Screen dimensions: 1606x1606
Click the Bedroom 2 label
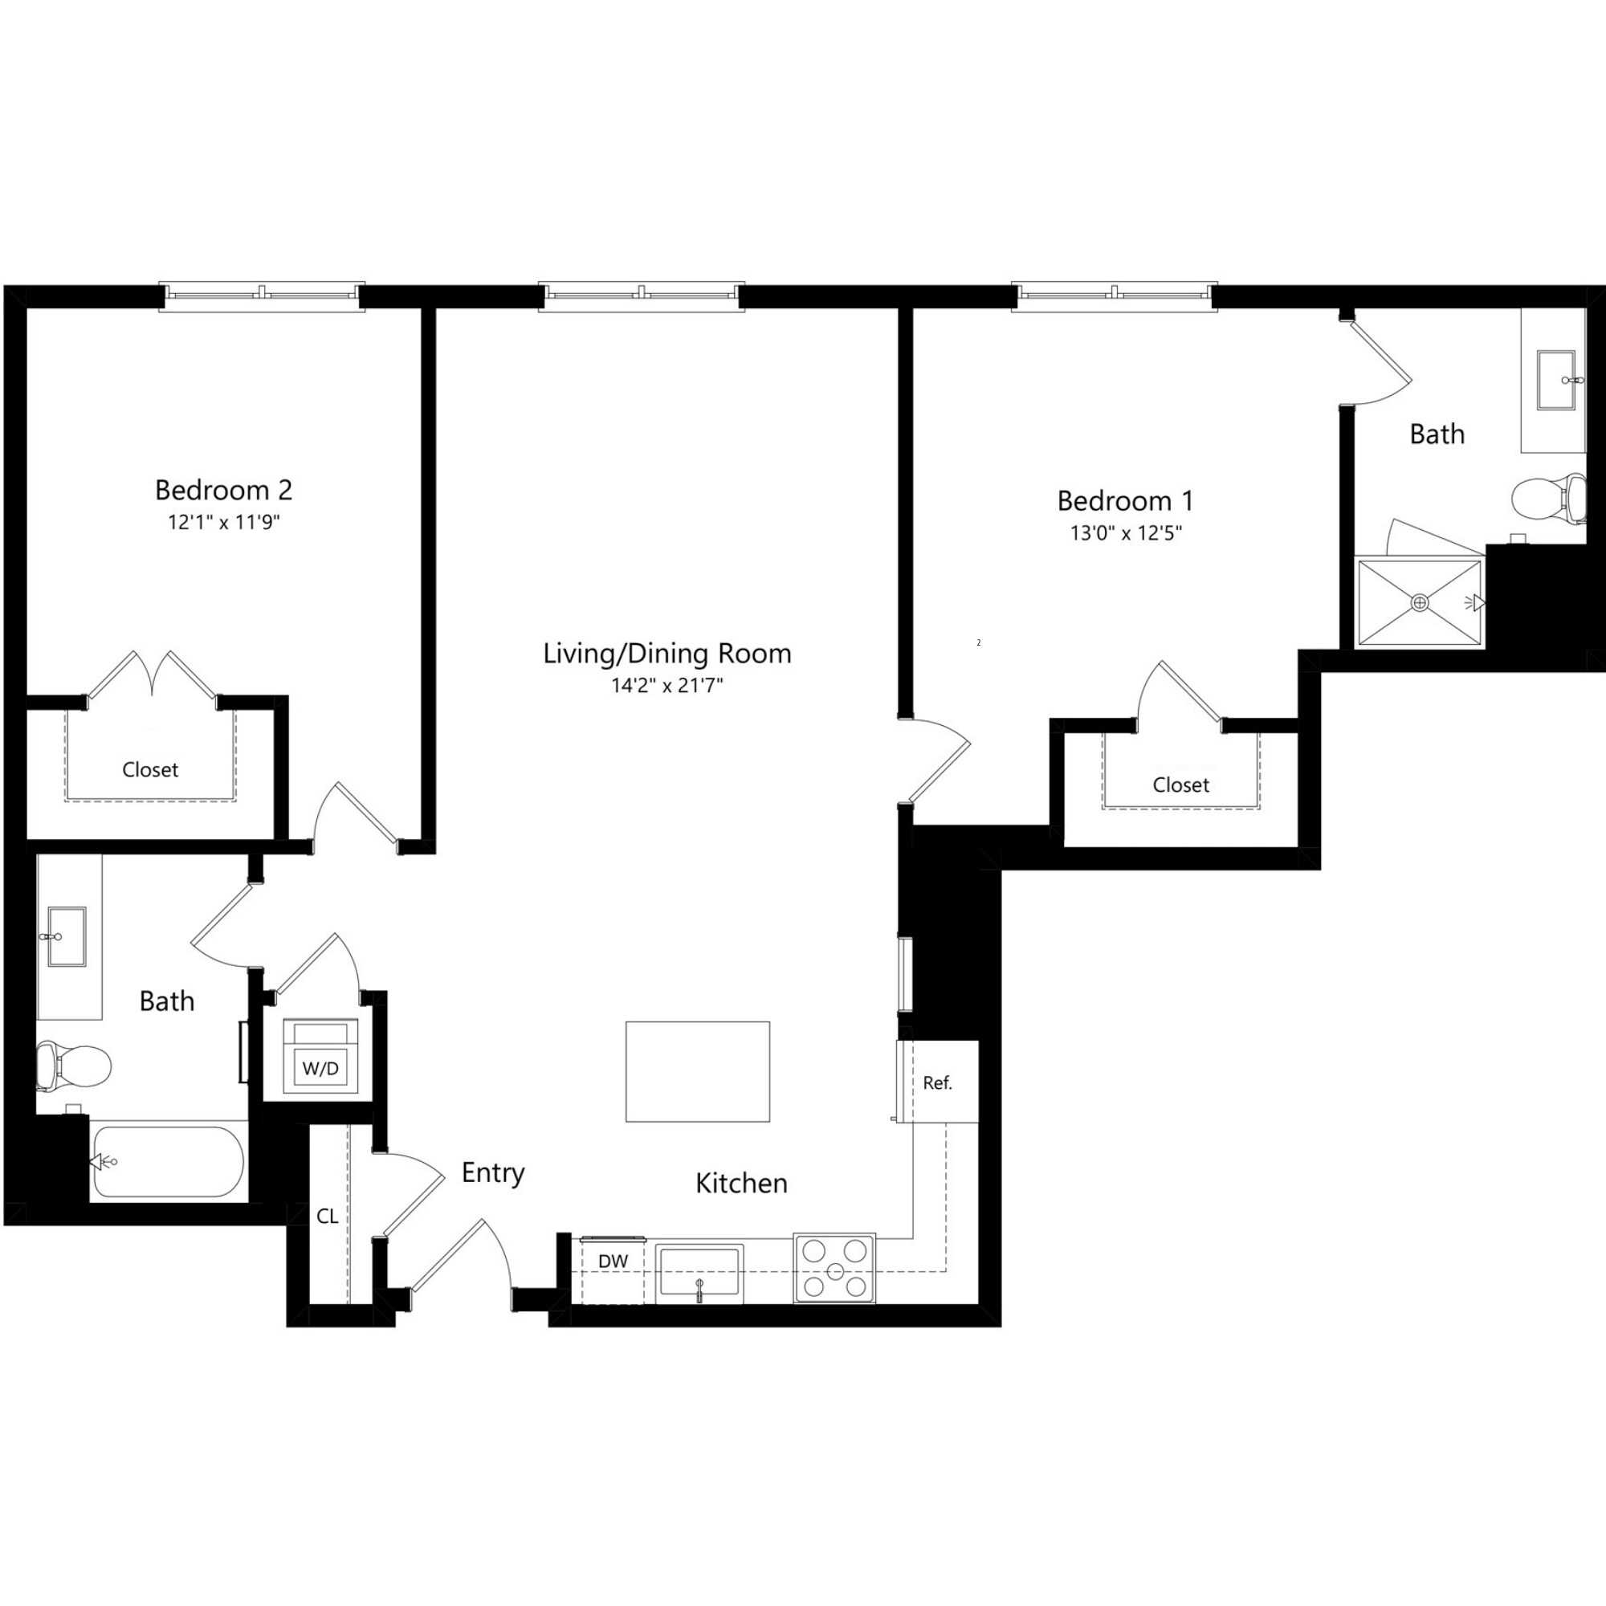pos(222,490)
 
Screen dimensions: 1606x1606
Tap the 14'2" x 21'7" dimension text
pos(666,686)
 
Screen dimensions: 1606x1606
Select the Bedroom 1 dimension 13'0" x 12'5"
pos(1126,533)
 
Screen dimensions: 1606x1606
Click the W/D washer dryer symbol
pos(321,1057)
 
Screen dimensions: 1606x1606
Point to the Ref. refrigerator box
pos(938,1082)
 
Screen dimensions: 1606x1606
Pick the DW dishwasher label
pos(613,1261)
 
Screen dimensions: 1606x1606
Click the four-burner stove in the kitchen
pos(834,1268)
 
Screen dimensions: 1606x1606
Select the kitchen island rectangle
pos(698,1071)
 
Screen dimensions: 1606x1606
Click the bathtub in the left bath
pos(169,1161)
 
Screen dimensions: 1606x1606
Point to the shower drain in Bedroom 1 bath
pos(1420,603)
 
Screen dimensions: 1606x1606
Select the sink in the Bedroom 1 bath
pos(1556,381)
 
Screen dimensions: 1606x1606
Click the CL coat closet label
pos(327,1216)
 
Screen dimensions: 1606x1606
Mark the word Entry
pos(493,1173)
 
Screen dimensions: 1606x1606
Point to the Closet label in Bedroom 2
pos(149,770)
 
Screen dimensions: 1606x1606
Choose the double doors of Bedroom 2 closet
pos(152,675)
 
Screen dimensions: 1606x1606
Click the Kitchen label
pos(740,1183)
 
